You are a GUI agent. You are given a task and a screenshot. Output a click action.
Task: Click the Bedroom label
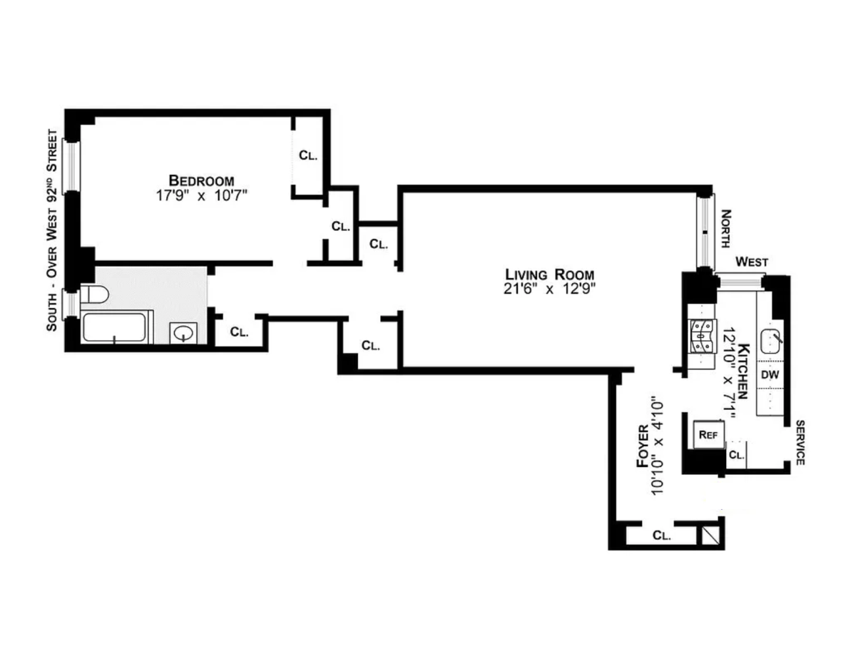coord(201,180)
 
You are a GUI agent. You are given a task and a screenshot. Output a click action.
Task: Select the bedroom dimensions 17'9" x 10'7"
coord(201,195)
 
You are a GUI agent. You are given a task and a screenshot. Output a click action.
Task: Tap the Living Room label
coord(549,275)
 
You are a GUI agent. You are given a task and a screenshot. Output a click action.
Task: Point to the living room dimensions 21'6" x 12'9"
coord(549,289)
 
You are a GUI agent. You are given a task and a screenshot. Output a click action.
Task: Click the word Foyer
coord(643,445)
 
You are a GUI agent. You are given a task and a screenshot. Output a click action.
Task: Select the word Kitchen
coord(743,371)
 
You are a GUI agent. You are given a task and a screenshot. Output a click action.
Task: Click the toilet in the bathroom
coord(93,295)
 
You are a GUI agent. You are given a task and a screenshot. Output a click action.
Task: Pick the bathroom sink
coord(181,333)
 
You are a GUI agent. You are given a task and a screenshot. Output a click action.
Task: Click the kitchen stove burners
coord(700,337)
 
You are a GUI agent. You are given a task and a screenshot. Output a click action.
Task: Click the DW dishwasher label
coord(770,375)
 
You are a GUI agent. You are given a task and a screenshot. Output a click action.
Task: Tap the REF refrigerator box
coord(708,434)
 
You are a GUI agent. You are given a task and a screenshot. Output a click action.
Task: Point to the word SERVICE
coord(800,443)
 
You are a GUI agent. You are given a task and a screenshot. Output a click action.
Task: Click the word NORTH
coord(725,229)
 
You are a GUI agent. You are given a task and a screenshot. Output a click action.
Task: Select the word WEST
coord(751,262)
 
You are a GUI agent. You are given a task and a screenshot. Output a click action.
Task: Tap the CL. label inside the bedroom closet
coord(308,155)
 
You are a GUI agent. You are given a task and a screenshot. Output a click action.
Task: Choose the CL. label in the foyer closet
coord(662,535)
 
